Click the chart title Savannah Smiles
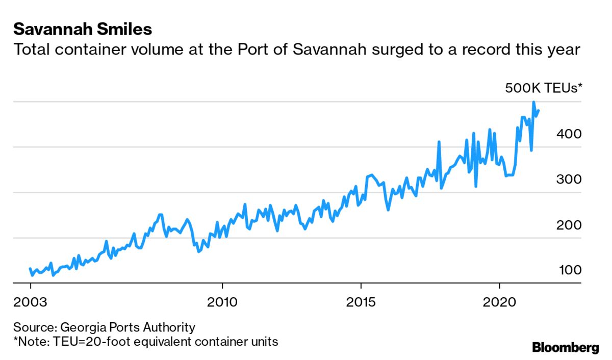click(x=83, y=29)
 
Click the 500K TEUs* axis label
click(x=543, y=88)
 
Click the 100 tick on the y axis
click(x=569, y=270)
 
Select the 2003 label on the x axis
click(x=31, y=301)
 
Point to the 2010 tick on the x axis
click(x=222, y=301)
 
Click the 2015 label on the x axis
click(x=361, y=301)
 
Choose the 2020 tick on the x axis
click(x=499, y=301)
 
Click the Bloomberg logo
click(x=565, y=348)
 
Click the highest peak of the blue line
click(x=533, y=102)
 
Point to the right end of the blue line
click(x=539, y=111)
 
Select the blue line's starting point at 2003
click(x=30, y=269)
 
